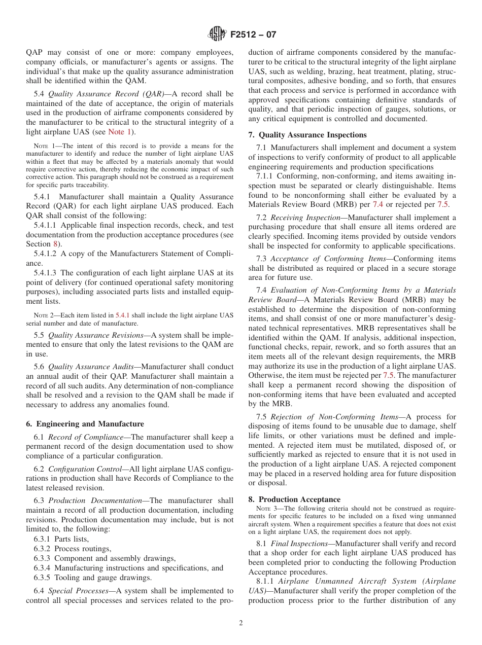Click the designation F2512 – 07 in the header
point(253,35)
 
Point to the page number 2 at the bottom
point(241,623)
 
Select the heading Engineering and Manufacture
point(85,424)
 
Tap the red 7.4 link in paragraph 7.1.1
point(378,204)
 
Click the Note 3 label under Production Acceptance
point(263,509)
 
